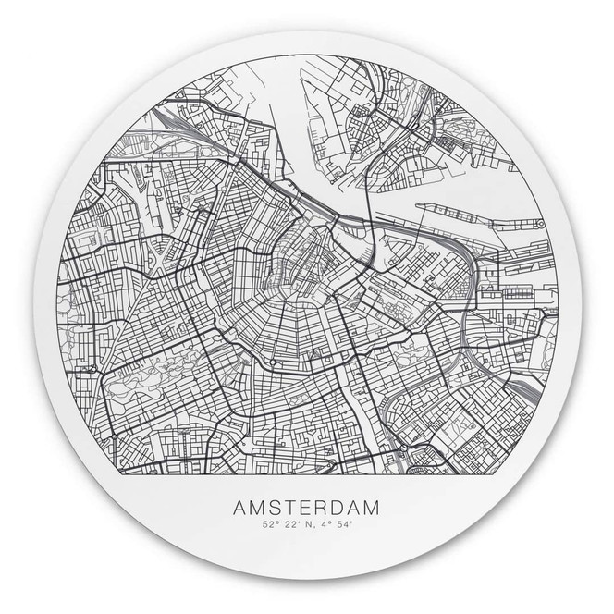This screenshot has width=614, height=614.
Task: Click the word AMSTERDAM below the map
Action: click(x=306, y=508)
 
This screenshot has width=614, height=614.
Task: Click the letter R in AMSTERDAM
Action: click(x=320, y=508)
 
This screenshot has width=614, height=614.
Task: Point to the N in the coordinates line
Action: click(x=307, y=526)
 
